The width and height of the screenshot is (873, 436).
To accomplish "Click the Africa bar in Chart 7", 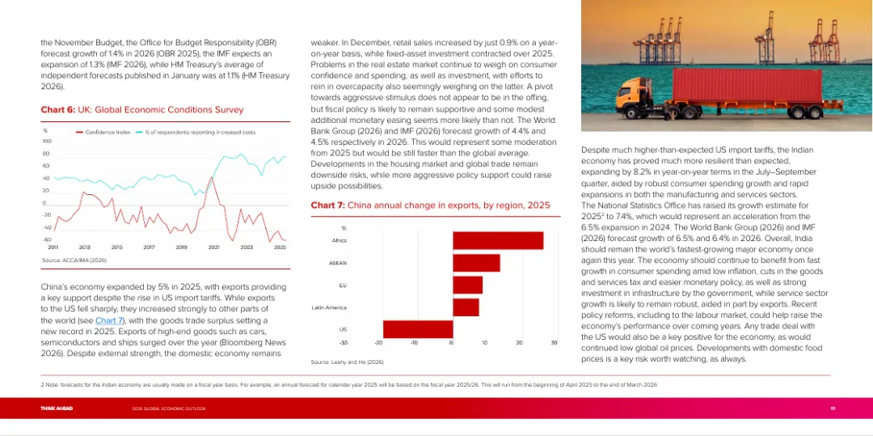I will pos(497,240).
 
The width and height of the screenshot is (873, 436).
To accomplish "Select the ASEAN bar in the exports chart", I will pos(475,263).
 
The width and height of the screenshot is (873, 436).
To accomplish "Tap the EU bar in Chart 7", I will pos(466,285).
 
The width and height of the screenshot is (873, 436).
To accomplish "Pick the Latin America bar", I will pos(465,307).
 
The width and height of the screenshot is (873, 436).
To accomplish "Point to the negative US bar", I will pos(417,329).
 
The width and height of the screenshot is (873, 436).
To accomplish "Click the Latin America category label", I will pos(329,307).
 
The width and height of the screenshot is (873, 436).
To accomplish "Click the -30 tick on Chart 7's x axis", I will pos(344,344).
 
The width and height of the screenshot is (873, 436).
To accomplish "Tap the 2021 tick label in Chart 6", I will pos(214,247).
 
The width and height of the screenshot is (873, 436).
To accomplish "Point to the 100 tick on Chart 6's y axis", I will pos(46,141).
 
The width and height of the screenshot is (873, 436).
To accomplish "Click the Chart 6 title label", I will pos(141,109).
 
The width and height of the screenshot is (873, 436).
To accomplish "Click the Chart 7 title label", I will pos(430,205).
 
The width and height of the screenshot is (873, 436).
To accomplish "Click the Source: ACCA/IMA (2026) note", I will pos(74,260).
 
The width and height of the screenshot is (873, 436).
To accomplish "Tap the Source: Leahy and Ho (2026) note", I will pos(347,361).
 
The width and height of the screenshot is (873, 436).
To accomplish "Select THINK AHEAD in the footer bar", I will pos(57,408).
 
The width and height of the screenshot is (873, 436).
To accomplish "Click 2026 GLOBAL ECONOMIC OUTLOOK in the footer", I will pos(169,408).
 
